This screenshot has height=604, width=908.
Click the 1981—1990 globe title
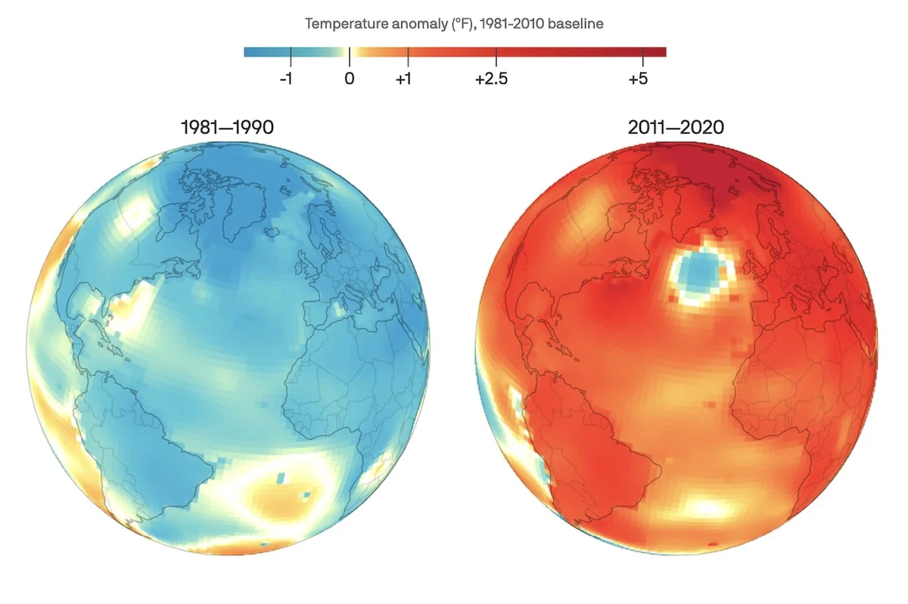pos(227,128)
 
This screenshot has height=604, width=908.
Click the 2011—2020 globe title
pos(676,128)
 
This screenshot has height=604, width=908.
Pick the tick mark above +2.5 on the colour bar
pos(496,52)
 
